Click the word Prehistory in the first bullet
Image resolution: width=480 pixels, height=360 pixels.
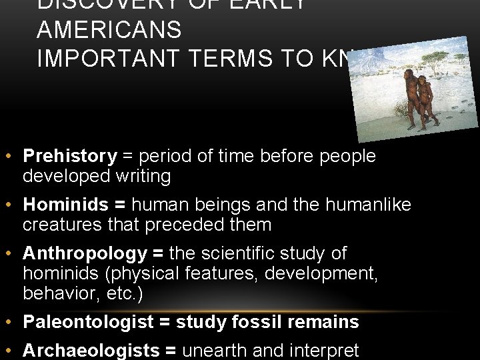tap(69, 157)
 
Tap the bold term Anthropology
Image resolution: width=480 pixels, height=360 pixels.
tap(84, 254)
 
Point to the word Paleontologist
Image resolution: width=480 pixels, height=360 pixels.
tap(88, 323)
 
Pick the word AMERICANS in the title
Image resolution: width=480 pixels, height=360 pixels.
tap(109, 30)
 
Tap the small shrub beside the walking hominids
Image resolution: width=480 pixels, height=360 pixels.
tap(401, 109)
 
